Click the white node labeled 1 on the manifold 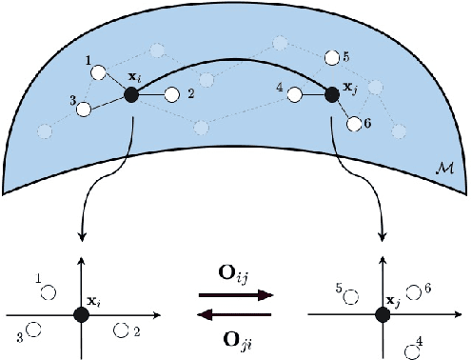tap(97, 72)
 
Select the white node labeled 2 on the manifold tap(172, 94)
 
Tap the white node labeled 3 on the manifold tap(84, 110)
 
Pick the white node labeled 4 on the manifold tap(295, 94)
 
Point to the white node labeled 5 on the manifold tap(330, 58)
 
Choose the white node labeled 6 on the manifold tap(355, 124)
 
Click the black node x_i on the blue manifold tap(131, 94)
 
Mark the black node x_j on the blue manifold tap(333, 93)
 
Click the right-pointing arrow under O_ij tap(235, 297)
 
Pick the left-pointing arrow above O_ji tap(235, 313)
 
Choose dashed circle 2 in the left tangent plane tap(121, 330)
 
